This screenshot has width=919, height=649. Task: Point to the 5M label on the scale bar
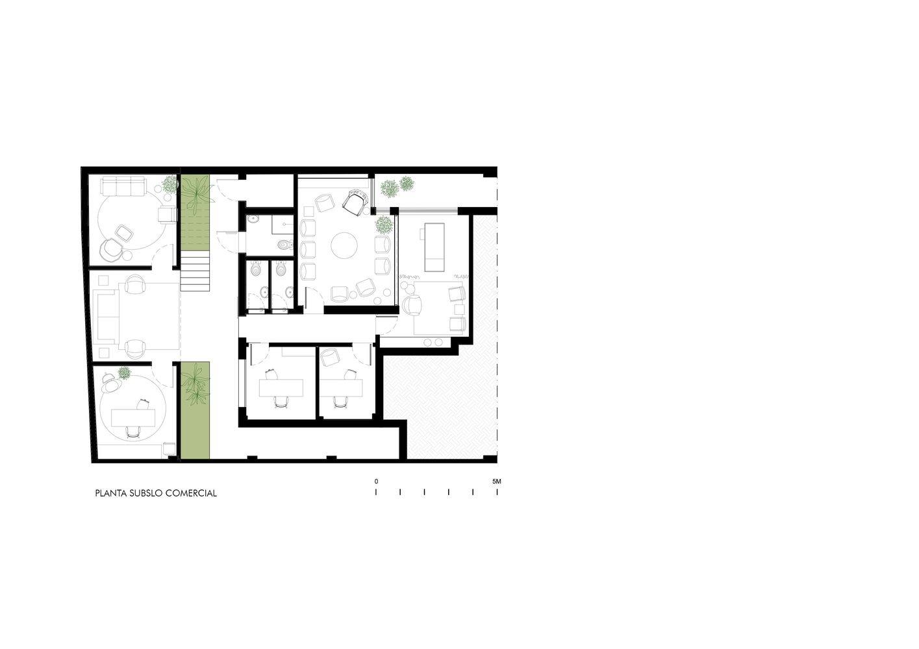tap(496, 482)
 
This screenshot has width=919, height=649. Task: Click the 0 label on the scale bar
tap(376, 482)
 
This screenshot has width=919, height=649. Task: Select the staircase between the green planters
tap(195, 271)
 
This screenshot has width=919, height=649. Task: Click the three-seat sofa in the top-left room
tap(123, 186)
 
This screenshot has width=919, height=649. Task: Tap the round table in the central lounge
tap(344, 245)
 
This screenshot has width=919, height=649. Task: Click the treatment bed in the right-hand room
tap(434, 247)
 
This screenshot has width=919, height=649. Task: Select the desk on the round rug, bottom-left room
tap(133, 418)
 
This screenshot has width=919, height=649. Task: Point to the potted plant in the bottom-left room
tap(124, 373)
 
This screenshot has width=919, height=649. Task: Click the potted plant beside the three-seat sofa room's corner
tap(170, 184)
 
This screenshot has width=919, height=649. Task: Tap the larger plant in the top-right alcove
tap(389, 189)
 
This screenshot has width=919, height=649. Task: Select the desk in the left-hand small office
tap(281, 388)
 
